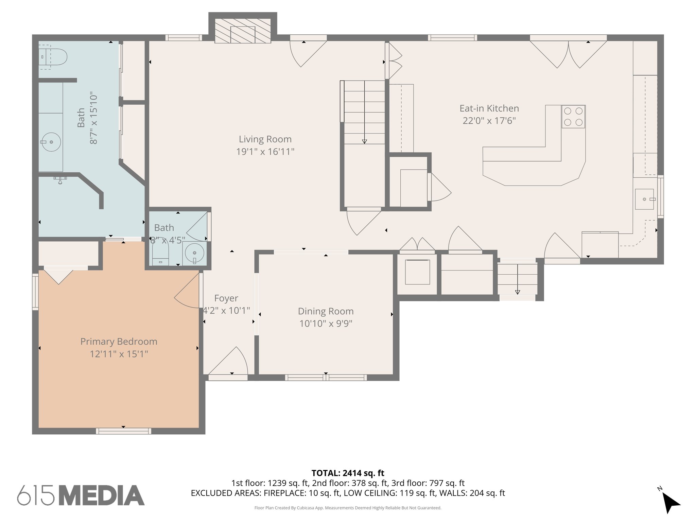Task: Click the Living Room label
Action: tap(265, 139)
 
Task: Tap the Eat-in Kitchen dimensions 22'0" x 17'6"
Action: tap(489, 121)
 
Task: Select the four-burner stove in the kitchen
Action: tap(573, 117)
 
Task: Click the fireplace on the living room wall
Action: tap(243, 31)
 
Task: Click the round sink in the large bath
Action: tap(51, 142)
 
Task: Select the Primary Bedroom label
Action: tap(119, 342)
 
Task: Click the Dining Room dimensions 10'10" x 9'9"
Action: tap(326, 324)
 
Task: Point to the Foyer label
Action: tap(226, 298)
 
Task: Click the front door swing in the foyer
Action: tap(231, 362)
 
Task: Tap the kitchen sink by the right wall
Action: tap(644, 199)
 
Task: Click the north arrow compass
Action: tap(670, 502)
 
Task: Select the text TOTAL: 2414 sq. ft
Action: tap(348, 473)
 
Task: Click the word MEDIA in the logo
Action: tap(101, 495)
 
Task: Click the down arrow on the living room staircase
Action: tap(364, 141)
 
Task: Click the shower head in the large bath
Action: tap(60, 180)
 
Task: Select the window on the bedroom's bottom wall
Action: tap(123, 431)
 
